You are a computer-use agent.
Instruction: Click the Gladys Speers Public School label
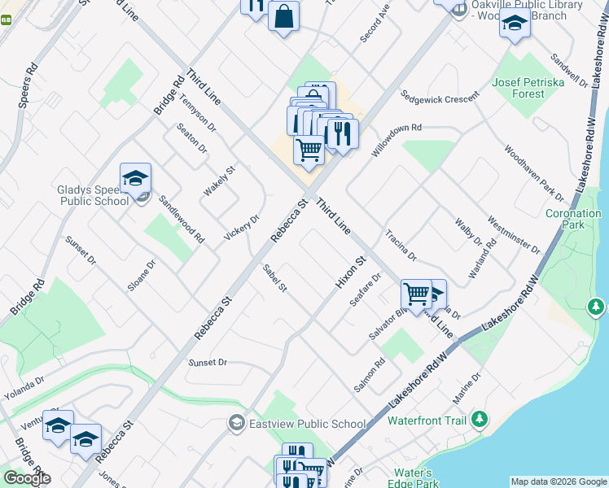92,196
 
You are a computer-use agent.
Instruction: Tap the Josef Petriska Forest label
518,88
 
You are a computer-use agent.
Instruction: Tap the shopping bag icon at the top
283,17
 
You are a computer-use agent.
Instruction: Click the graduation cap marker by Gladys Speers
135,178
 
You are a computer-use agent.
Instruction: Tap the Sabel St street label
275,278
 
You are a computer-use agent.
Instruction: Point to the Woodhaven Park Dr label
533,173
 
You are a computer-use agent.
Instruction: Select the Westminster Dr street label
513,235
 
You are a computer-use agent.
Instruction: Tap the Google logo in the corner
27,478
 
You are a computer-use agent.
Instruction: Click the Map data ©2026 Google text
559,481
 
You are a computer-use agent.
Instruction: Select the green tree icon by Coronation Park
596,307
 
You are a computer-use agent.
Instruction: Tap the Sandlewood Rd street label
181,220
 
